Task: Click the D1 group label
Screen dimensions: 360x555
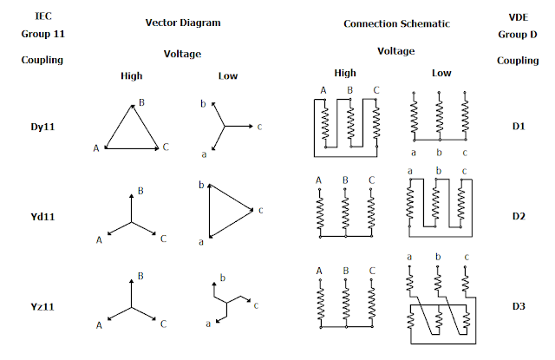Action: coord(519,127)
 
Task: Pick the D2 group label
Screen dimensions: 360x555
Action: coord(519,216)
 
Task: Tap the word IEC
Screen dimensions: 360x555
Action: coord(42,16)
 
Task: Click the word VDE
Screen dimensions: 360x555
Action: coord(519,16)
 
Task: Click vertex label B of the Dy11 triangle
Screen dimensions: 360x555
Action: coord(140,101)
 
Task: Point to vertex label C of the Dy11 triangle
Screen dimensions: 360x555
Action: coord(166,148)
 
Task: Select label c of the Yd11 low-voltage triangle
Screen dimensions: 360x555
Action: coord(261,209)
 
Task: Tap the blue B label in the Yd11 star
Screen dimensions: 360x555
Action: coord(140,190)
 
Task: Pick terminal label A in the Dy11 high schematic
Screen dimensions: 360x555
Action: coord(323,90)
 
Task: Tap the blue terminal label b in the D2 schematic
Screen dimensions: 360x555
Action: coord(440,171)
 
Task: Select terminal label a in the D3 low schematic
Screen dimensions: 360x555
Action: coord(409,257)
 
